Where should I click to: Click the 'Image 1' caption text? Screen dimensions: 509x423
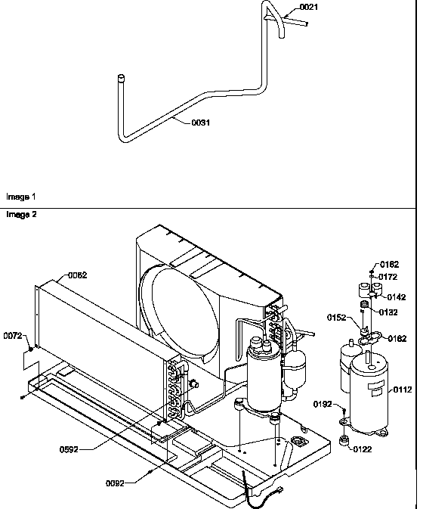[20, 197]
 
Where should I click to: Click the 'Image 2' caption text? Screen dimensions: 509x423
[20, 214]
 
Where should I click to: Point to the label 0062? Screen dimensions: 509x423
[78, 275]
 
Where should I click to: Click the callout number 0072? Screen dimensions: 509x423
[13, 334]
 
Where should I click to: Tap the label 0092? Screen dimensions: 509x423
[115, 482]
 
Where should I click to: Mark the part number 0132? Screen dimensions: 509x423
[388, 312]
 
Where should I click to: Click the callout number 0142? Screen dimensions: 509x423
[397, 296]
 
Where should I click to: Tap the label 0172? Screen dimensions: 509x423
[388, 277]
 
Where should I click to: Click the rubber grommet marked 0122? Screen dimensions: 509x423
[344, 440]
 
